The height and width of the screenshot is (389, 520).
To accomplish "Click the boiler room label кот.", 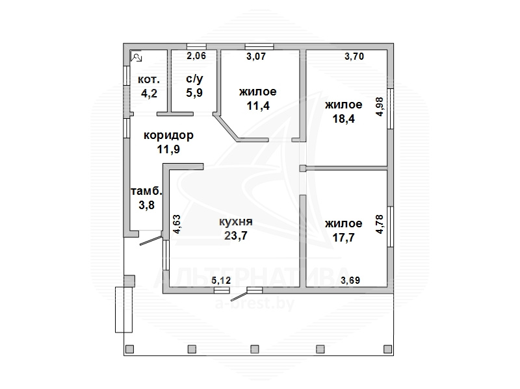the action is [x=149, y=79].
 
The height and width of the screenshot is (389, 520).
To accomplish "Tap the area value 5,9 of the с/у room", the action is [x=194, y=93].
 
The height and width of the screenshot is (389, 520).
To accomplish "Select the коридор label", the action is [x=168, y=135].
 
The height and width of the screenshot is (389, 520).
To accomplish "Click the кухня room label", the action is [x=236, y=221].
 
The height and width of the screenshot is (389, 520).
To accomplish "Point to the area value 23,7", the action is [x=236, y=236].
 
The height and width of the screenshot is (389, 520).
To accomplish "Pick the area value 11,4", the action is [x=258, y=106].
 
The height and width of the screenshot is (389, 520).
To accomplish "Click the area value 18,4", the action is [x=344, y=119].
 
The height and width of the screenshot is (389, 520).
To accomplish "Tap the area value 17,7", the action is [x=344, y=238].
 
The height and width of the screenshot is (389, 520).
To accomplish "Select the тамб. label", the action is [x=147, y=191].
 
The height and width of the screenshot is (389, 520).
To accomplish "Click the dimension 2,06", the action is [x=196, y=56].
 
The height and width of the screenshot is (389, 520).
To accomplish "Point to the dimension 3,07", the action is [x=256, y=56].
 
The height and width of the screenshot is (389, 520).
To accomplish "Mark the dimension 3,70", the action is [x=354, y=56].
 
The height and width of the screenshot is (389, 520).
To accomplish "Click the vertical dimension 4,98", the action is [x=380, y=107].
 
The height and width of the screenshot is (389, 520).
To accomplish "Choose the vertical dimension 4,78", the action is [x=380, y=224].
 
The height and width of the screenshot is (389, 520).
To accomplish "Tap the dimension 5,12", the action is [x=221, y=281].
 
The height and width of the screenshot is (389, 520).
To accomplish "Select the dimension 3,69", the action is [x=350, y=281].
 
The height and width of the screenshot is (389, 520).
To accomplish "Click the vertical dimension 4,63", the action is [x=177, y=224].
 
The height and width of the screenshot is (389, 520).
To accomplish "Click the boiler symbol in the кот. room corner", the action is [x=136, y=57].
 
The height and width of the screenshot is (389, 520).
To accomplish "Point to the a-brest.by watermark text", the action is [x=255, y=303].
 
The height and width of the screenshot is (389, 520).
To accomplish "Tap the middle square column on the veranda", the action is [x=254, y=349].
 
